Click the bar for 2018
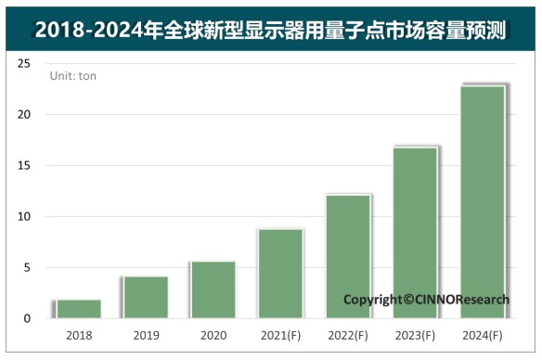(79, 309)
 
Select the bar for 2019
(146, 297)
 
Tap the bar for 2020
(213, 289)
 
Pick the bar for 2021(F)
(280, 274)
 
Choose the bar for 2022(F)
(347, 256)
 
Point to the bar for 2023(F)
(415, 232)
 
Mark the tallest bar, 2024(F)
(483, 201)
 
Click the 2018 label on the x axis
(79, 335)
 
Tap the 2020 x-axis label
(213, 335)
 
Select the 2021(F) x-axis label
(280, 335)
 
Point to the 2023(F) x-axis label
(415, 335)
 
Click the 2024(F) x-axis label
(483, 335)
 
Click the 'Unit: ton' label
(72, 76)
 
